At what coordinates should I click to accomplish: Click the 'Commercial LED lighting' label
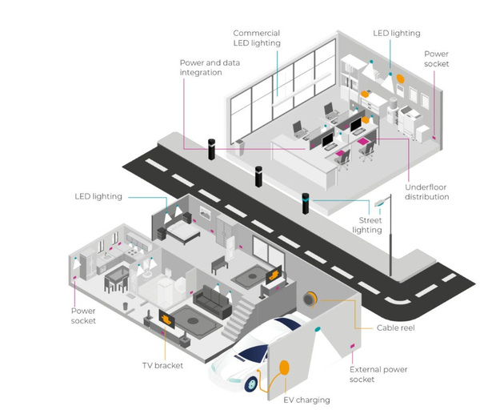click(256, 38)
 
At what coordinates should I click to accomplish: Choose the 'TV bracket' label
click(162, 365)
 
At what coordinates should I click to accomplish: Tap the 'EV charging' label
click(306, 399)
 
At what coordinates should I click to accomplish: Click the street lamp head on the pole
click(382, 203)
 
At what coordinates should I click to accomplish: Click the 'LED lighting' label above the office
click(396, 34)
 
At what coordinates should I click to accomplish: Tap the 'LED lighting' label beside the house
click(98, 196)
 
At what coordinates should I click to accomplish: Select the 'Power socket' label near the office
click(437, 59)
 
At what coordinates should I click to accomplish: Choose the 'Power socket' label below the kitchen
click(83, 316)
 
